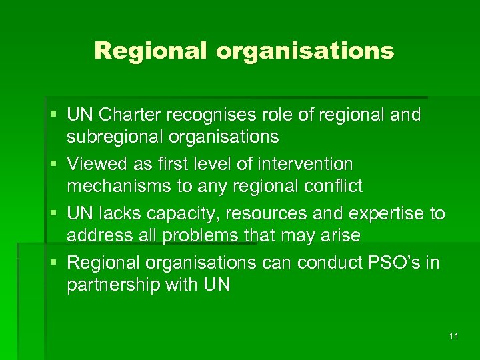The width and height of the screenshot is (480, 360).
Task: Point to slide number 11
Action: click(453, 336)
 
